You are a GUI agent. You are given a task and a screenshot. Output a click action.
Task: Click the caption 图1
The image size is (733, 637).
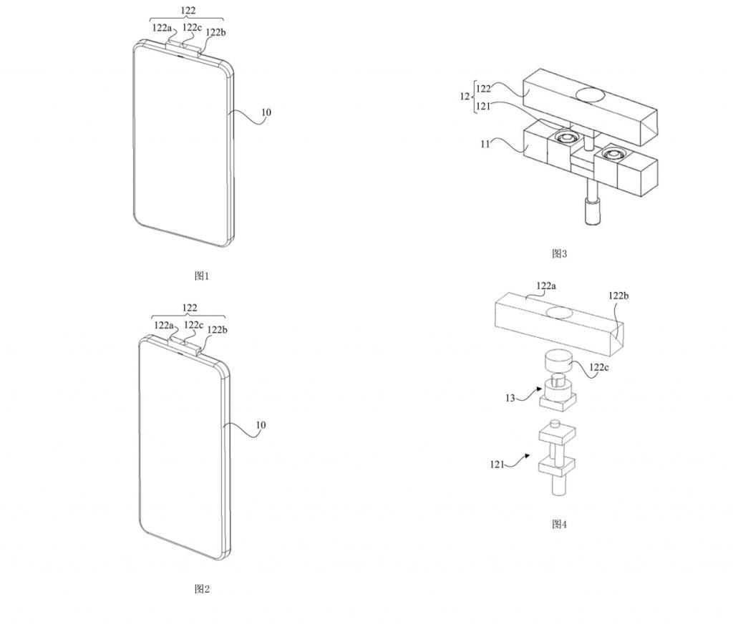point(202,276)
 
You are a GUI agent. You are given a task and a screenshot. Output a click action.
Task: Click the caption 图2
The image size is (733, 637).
point(202,589)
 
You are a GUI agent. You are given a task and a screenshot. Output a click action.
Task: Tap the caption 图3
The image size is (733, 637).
point(559,253)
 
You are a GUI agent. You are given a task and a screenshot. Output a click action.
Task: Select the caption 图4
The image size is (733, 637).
point(559,524)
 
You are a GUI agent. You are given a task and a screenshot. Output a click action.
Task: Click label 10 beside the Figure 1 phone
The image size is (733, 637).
point(266,112)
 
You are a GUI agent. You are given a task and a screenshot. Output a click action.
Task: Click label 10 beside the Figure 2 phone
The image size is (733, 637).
point(261,425)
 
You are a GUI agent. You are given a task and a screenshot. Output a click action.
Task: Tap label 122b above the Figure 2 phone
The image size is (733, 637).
point(218,329)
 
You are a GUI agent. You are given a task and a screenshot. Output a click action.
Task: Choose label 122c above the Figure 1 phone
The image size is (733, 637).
point(192,27)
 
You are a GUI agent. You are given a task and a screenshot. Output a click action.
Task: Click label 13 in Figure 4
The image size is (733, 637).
point(510,398)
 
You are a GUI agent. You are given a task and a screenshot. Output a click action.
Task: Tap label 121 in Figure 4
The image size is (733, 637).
point(498,464)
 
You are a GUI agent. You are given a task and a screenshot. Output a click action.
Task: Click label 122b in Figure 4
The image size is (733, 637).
point(619,296)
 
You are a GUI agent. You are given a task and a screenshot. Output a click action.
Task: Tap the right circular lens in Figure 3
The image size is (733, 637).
point(613,152)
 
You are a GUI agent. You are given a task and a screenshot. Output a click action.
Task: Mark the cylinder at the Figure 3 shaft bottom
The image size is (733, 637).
point(592,213)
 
